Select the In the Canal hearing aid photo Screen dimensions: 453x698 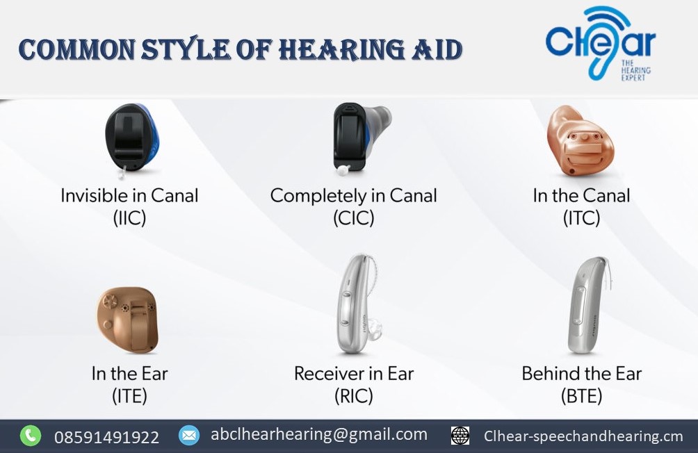581,141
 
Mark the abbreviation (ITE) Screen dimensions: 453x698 129,396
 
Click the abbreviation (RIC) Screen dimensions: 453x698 353,396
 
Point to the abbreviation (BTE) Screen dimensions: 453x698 581,396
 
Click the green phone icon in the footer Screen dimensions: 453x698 30,436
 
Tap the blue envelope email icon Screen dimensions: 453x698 188,436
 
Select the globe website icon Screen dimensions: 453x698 460,436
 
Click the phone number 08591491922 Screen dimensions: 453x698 106,437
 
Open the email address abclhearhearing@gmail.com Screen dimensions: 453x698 319,434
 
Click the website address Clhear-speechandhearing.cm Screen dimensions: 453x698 583,436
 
